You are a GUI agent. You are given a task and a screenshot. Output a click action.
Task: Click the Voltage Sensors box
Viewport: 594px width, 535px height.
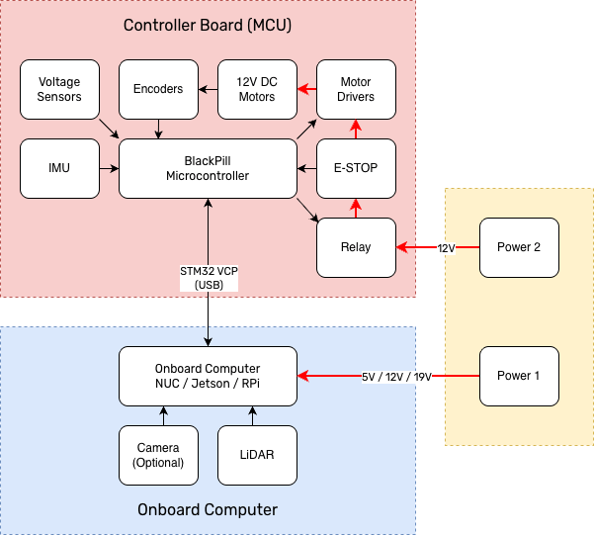point(59,89)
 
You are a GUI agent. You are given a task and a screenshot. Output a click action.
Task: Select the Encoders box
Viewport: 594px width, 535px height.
point(158,89)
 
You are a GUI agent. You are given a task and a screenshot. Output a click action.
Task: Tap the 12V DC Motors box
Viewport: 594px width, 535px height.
point(257,89)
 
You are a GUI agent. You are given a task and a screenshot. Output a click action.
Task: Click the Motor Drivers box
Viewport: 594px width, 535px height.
point(356,89)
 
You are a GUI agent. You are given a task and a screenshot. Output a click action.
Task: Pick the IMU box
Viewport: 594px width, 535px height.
point(59,168)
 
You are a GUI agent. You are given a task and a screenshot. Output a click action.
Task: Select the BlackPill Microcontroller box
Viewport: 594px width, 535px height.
point(208,168)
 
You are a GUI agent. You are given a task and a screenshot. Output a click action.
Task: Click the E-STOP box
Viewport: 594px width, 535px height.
point(356,168)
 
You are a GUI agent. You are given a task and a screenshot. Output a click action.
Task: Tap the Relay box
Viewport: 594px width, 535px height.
point(356,247)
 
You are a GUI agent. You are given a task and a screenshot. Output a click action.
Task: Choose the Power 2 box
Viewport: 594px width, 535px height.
point(519,247)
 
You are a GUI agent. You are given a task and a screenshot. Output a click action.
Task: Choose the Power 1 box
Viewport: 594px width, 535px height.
point(519,376)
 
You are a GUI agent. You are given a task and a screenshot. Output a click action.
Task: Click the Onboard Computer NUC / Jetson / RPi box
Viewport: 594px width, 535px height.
point(208,376)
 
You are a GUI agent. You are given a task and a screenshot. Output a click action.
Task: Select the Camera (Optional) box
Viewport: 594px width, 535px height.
point(158,455)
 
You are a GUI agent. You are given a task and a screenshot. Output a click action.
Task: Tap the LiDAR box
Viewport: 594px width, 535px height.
point(257,455)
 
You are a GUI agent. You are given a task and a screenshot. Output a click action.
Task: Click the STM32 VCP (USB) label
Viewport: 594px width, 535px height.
point(209,277)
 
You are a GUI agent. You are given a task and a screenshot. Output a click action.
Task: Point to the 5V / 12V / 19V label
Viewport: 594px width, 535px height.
point(396,376)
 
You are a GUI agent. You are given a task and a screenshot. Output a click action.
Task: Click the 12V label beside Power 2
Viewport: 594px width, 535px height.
point(446,247)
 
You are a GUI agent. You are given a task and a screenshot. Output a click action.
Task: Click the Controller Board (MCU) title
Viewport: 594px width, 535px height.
point(207,24)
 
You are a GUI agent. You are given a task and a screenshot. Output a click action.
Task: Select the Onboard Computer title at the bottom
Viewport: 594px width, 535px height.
point(208,510)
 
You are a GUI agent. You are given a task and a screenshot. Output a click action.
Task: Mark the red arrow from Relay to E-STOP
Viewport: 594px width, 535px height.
point(356,208)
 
